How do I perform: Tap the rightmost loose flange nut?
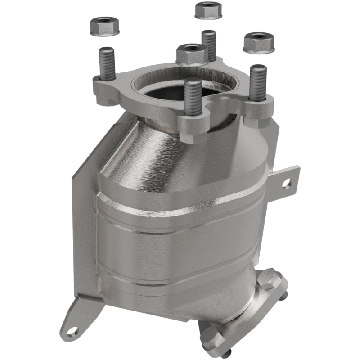(259, 42)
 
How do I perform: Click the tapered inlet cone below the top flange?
(148, 148)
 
